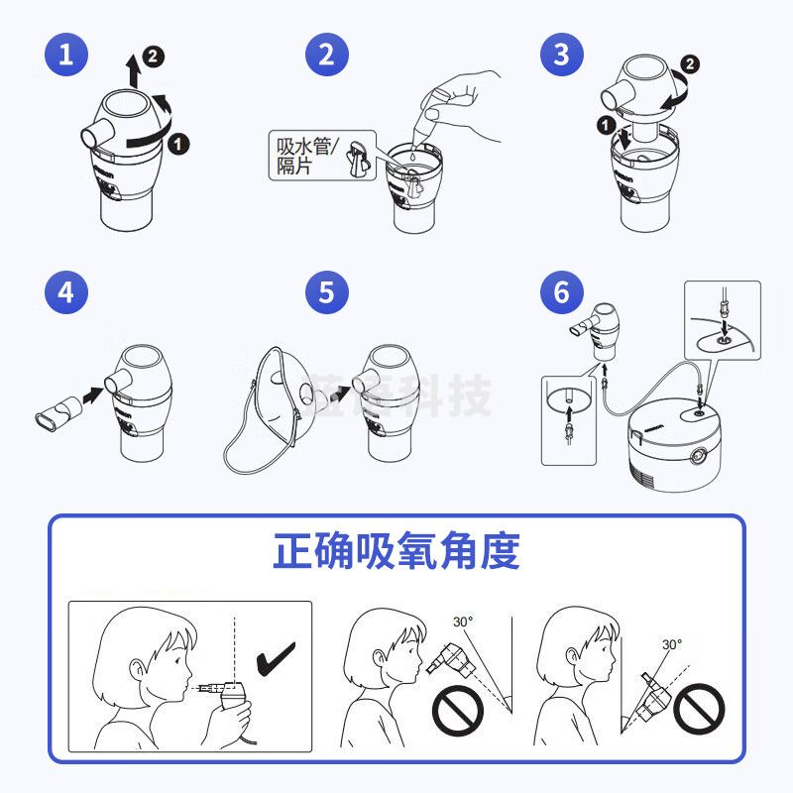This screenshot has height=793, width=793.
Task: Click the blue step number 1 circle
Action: pos(65,54)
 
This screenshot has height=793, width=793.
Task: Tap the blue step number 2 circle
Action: pos(326,54)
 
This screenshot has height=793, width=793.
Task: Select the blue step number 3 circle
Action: pos(562,54)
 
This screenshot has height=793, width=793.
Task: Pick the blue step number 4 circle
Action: pos(65,292)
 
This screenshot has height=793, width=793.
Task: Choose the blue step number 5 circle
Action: pos(326,292)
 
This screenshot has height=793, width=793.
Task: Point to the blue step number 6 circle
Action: pos(562,292)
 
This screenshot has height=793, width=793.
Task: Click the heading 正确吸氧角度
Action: pos(396,552)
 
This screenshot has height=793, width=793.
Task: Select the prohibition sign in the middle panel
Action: pos(457,711)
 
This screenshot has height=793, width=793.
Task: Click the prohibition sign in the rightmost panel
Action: pos(699,709)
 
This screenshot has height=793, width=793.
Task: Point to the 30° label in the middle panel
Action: pos(463,622)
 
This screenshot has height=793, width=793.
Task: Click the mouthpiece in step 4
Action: pos(58,407)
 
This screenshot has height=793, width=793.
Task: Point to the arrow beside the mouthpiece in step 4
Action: pos(92,395)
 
